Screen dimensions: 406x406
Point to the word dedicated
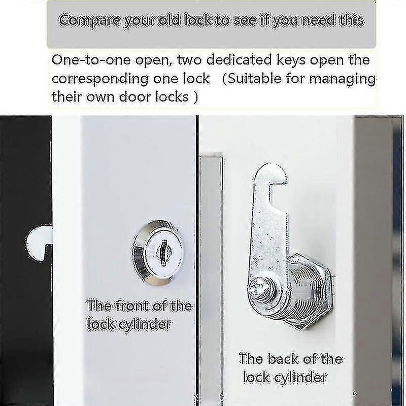click(222, 60)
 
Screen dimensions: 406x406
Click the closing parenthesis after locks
click(195, 97)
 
